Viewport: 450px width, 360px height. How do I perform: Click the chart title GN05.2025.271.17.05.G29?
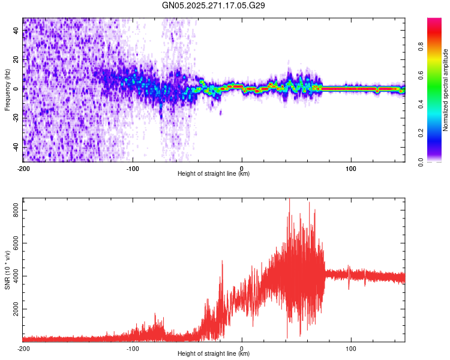(x=214, y=5)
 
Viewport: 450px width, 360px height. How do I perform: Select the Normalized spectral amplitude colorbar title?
(x=445, y=90)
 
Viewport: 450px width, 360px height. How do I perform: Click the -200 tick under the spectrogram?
(x=23, y=167)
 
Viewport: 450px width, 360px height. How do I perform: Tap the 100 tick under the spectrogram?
(x=351, y=167)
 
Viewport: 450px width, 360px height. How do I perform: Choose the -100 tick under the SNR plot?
(x=133, y=348)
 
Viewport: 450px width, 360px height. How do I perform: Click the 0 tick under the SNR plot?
(x=242, y=348)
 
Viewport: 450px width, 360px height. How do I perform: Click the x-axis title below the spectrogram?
(x=214, y=174)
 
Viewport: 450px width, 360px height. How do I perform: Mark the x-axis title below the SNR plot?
(x=214, y=354)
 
